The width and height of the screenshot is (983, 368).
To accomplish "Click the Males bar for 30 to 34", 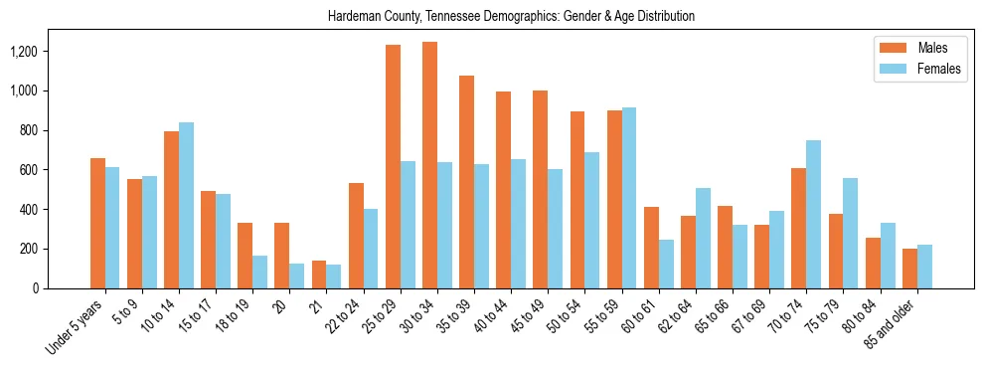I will coord(429,165).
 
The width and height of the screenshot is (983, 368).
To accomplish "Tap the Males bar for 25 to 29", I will coord(393,166).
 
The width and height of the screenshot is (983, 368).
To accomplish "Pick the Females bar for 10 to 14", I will coord(186,205).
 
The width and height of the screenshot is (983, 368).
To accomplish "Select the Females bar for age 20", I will coord(296,276).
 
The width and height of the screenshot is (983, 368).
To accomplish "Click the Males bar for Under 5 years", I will coord(97,223).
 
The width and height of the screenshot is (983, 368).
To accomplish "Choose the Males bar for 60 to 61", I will coord(651,248).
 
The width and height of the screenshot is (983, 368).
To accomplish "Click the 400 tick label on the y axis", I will coord(56,210).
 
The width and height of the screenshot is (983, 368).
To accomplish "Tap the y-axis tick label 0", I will coord(63,288).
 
